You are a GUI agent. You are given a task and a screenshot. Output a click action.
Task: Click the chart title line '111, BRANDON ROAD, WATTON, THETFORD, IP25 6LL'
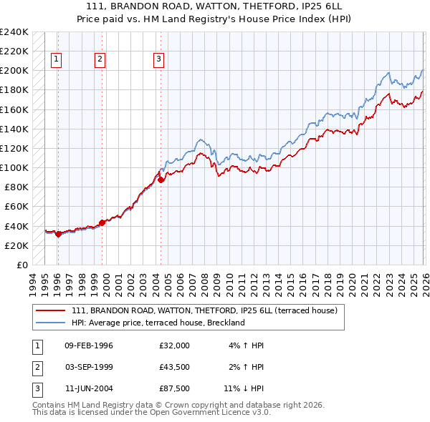[x=215, y=6]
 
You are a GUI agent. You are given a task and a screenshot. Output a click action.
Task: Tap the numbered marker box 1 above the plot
[x=57, y=60]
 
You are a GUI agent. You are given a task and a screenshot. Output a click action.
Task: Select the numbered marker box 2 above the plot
[x=100, y=60]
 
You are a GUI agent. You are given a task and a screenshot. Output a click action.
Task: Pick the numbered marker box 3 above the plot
[x=158, y=60]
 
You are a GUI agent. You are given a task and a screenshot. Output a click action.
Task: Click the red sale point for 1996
[x=58, y=234]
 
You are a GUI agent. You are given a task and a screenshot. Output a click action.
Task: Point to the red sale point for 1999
[x=102, y=222]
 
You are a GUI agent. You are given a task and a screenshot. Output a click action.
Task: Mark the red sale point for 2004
[x=161, y=180]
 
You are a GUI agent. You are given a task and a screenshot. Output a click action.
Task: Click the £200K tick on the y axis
[x=14, y=71]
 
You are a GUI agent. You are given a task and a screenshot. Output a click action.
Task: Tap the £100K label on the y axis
[x=14, y=167]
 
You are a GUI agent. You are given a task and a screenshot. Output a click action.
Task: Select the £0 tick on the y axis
[x=21, y=265]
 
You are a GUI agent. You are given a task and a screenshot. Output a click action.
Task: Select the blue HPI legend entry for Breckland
[x=158, y=323]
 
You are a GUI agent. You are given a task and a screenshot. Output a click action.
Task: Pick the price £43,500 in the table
[x=175, y=368]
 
